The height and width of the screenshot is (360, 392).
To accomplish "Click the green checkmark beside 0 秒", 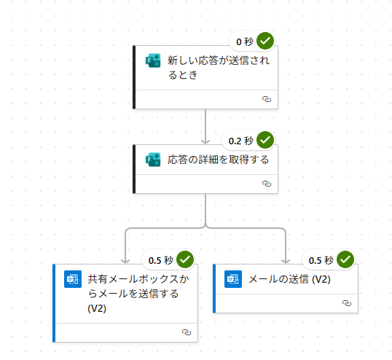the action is [x=265, y=41].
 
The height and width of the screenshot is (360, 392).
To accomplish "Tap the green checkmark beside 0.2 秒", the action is [x=265, y=140].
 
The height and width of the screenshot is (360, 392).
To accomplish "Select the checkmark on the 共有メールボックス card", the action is [x=185, y=259].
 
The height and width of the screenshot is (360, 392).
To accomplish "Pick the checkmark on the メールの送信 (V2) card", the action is [x=345, y=259].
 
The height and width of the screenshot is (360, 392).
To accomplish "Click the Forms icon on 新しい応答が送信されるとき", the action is [x=153, y=60].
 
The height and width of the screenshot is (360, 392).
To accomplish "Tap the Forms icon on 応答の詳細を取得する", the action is [x=153, y=160].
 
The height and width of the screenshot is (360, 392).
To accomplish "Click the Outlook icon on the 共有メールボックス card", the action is [x=73, y=279].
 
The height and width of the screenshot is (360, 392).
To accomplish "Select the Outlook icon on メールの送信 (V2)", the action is [x=233, y=279].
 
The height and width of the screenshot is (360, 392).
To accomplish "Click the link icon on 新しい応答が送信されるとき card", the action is [x=267, y=99].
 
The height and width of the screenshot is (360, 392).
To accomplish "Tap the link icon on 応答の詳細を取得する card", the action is [x=267, y=184].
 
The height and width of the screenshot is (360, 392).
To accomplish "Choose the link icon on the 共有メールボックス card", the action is [x=187, y=332].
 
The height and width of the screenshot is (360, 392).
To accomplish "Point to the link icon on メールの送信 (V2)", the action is [x=347, y=303].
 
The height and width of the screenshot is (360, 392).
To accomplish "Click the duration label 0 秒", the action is [x=245, y=42].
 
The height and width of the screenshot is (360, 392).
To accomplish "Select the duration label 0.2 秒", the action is [x=241, y=141].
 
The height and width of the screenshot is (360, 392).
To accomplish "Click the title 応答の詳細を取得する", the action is [x=219, y=160].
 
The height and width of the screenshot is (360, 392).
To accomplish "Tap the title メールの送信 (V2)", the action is [x=289, y=279].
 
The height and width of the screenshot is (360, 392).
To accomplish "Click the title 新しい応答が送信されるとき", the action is [x=219, y=68].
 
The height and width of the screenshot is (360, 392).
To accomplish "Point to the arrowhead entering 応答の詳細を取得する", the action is [x=205, y=142].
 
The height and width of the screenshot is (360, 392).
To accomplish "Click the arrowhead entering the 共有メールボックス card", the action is [x=125, y=261].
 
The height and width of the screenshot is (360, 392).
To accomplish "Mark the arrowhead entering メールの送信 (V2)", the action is [x=286, y=261].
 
